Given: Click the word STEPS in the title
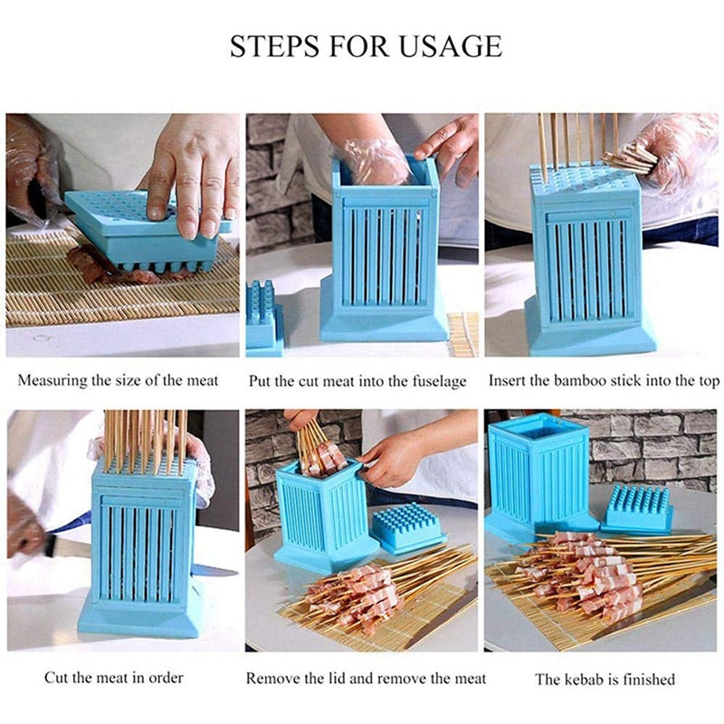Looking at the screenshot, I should pyautogui.click(x=268, y=46).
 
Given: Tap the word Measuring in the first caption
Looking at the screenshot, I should pyautogui.click(x=52, y=381).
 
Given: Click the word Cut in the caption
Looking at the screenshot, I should pyautogui.click(x=57, y=678).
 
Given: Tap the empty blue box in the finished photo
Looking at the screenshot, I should pyautogui.click(x=538, y=471).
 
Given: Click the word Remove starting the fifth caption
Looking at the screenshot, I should pyautogui.click(x=274, y=678).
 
